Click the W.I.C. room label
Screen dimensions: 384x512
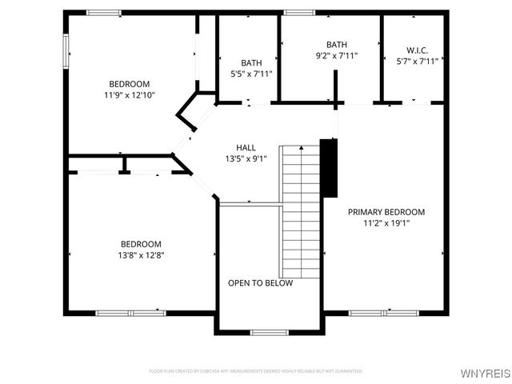412,50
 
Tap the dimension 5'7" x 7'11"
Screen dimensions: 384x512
412,61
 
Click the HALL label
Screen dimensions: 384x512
246,147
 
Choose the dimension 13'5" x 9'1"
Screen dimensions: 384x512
246,158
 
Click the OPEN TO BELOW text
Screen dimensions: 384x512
260,283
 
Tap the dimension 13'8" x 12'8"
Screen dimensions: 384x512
141,255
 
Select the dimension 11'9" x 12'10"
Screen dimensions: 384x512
129,95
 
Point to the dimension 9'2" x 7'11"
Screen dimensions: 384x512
337,56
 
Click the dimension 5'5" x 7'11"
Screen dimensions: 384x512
251,74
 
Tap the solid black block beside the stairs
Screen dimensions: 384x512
328,167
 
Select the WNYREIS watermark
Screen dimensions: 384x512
485,373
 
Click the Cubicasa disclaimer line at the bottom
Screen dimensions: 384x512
256,371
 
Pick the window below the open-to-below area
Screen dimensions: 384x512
269,332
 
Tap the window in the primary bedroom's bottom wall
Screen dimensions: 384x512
373,313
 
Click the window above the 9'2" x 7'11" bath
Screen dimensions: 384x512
298,13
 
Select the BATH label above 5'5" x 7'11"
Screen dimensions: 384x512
251,62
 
